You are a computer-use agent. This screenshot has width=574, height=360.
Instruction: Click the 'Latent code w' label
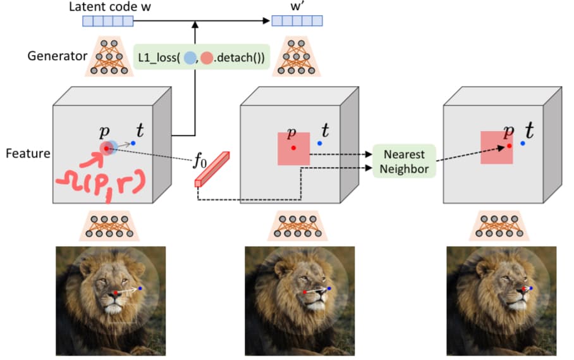(x=109, y=7)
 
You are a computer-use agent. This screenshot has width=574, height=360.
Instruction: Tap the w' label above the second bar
(x=297, y=7)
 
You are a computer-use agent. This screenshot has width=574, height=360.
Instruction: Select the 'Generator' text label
(x=58, y=56)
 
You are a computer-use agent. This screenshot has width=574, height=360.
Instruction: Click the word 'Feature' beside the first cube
(x=28, y=153)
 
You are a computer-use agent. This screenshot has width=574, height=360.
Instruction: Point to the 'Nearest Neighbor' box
(x=404, y=161)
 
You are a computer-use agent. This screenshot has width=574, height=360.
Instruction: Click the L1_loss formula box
(x=201, y=57)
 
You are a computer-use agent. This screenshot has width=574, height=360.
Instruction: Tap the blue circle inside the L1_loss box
(x=190, y=58)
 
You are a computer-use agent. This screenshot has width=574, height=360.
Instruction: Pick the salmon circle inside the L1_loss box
(x=207, y=58)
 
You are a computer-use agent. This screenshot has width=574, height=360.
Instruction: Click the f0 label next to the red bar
(x=200, y=161)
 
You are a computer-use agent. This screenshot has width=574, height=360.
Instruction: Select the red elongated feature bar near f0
(x=212, y=169)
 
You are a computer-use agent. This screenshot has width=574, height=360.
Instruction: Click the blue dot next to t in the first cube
(x=133, y=143)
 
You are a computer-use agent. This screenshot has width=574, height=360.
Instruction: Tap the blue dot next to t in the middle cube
(x=320, y=143)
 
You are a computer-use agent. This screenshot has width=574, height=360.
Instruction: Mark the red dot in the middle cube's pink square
(x=293, y=148)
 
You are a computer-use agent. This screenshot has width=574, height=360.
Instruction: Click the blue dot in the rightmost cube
(x=523, y=143)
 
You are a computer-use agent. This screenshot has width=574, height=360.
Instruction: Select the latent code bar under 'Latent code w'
(x=108, y=21)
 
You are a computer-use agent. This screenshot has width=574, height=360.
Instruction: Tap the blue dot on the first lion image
(x=140, y=289)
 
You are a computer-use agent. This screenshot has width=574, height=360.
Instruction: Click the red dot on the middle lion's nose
(x=305, y=292)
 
